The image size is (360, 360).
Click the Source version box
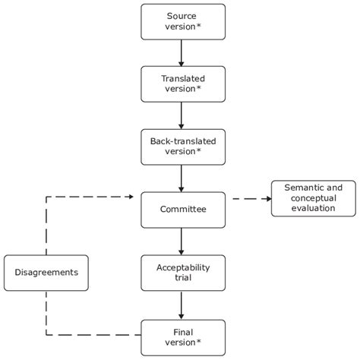tap(183, 21)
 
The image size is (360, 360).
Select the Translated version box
tap(183, 84)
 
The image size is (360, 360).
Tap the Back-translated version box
tap(183, 146)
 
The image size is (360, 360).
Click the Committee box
tap(183, 209)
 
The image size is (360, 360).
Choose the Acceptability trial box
tap(183, 272)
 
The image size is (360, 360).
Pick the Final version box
tap(183, 336)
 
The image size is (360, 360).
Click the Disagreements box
tap(46, 272)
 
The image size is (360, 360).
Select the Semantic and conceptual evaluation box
tap(314, 197)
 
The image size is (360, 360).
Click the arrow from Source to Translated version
tap(183, 52)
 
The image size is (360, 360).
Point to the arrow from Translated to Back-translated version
tap(183, 115)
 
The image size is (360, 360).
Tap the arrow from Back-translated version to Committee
tap(183, 178)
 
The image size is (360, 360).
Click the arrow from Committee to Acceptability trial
tap(183, 240)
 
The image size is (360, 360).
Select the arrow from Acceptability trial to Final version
tap(183, 304)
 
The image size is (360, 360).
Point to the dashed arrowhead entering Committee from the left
tap(135, 198)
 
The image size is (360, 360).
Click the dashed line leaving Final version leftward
tap(99, 335)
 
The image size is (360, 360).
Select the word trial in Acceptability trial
tap(183, 278)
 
